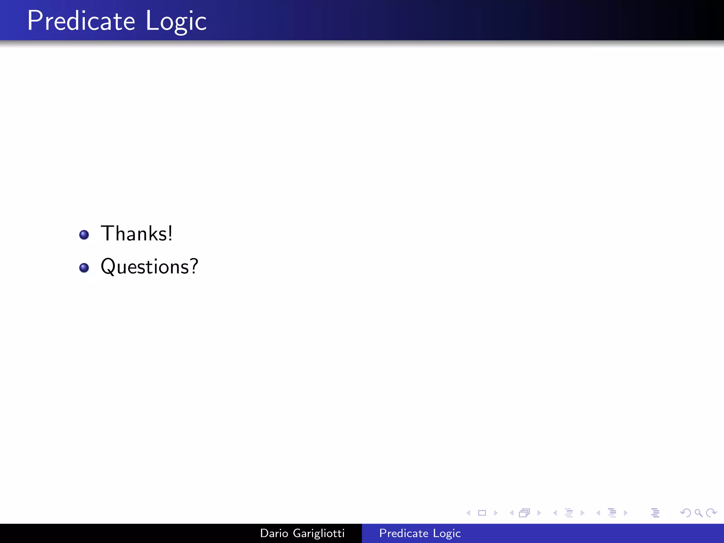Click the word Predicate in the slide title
tap(81, 21)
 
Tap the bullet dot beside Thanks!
tap(84, 235)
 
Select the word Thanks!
tap(136, 234)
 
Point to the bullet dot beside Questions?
tap(84, 268)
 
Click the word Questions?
tap(149, 267)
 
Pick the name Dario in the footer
tap(274, 533)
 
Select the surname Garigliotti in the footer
tap(319, 533)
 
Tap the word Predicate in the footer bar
tap(404, 533)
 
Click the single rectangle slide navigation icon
tap(482, 513)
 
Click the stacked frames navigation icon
tap(525, 513)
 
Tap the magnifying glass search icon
tap(698, 513)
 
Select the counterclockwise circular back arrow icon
tap(685, 513)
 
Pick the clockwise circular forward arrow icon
tap(711, 513)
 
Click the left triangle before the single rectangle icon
tap(468, 513)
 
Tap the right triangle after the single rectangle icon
tap(496, 513)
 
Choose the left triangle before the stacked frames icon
tap(512, 513)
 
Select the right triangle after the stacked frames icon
tap(539, 513)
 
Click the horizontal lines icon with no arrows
tap(655, 513)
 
